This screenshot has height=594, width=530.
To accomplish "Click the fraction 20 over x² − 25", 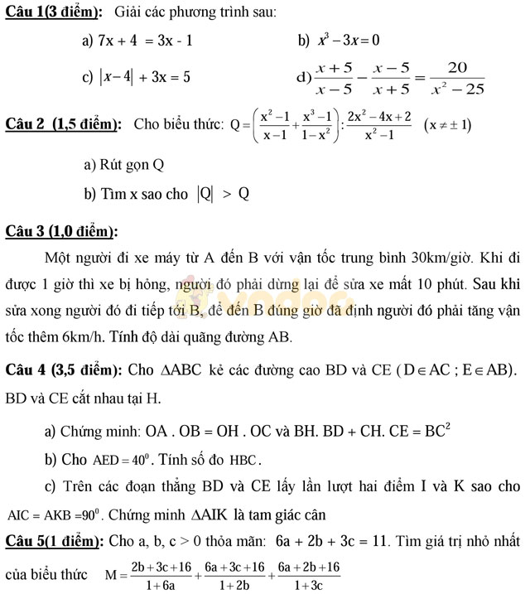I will point(457,78).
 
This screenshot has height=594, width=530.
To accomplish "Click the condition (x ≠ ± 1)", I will point(447,125).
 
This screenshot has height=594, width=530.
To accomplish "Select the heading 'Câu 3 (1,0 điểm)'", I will point(61,231).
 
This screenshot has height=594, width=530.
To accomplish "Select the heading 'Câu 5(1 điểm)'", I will point(54,542).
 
